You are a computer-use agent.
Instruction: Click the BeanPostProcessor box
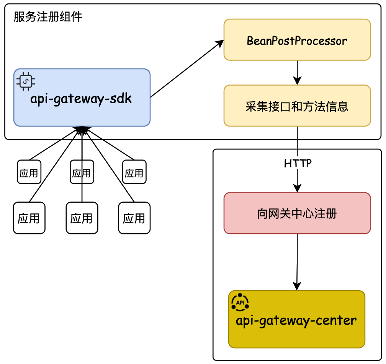pos(297,40)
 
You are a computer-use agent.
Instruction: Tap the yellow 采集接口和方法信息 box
pos(297,106)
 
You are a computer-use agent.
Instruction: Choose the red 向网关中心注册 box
pos(297,213)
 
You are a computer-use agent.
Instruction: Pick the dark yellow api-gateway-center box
pos(297,319)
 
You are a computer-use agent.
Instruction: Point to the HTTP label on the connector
pos(298,163)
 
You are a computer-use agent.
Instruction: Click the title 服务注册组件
pos(48,17)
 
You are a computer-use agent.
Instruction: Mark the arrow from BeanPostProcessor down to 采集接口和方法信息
pos(297,72)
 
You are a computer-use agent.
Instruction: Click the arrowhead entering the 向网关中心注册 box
pos(297,188)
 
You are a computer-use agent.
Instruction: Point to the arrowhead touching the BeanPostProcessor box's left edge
pos(220,43)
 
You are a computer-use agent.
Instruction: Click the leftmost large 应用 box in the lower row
pos(29,218)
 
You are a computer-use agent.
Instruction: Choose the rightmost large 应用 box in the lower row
pos(134,218)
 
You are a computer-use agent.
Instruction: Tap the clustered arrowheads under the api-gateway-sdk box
pos(82,130)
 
